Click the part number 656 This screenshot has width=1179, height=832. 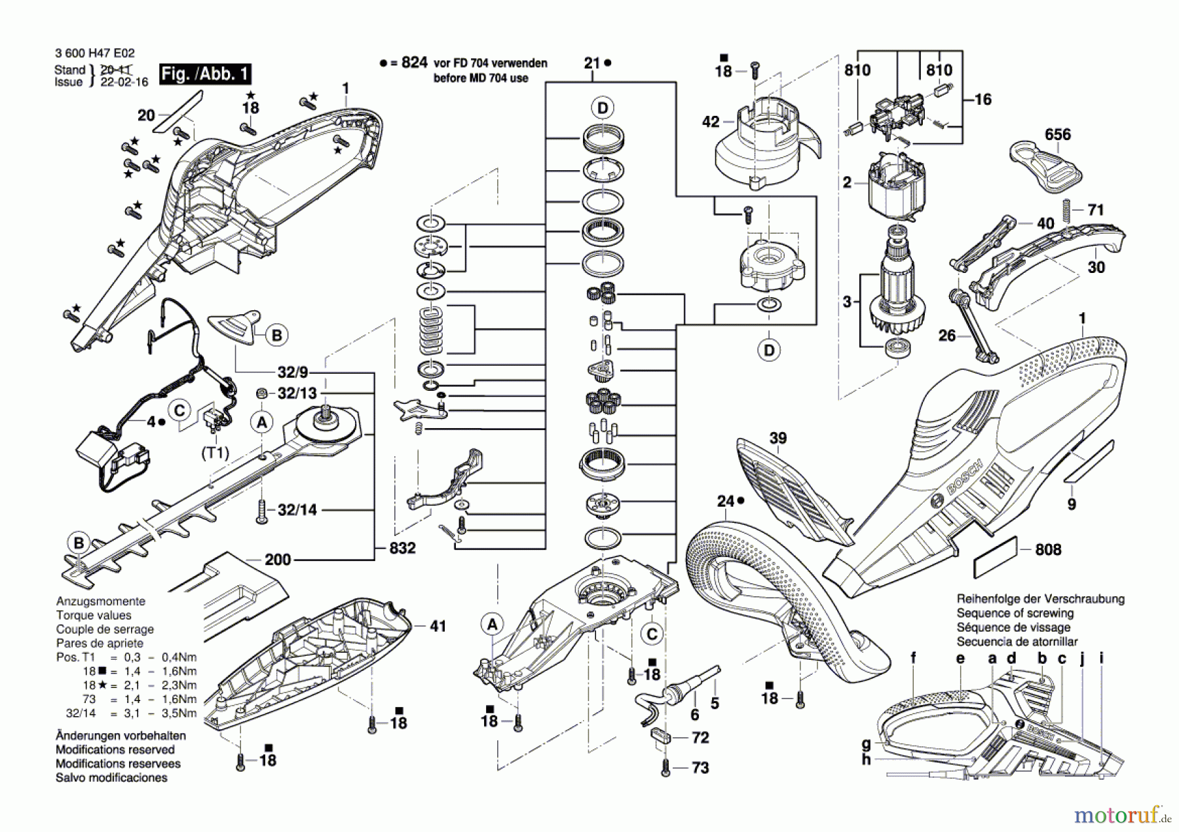pos(1057,134)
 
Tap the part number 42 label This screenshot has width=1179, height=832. pos(710,122)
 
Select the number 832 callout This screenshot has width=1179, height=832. pos(402,548)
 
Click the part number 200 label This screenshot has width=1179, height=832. pos(278,560)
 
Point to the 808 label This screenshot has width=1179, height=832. pos(1048,550)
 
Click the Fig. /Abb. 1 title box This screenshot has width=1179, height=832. pos(205,73)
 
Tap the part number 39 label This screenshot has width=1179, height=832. pos(777,438)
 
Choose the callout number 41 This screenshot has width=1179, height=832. pos(438,626)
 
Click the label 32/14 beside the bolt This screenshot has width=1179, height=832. pos(297,509)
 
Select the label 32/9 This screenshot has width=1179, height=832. pos(292,372)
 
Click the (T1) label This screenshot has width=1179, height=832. pos(214,452)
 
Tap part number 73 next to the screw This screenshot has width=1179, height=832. pos(700,767)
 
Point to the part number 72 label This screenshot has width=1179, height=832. pos(700,738)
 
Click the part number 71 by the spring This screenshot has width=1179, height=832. pos(1095,210)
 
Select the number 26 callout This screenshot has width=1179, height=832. pos(947,336)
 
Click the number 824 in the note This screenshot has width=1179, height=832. pos(414,63)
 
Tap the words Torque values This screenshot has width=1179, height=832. pos(93,615)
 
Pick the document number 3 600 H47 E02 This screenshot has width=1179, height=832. pos(95,54)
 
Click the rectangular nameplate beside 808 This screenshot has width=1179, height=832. pos(996,558)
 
